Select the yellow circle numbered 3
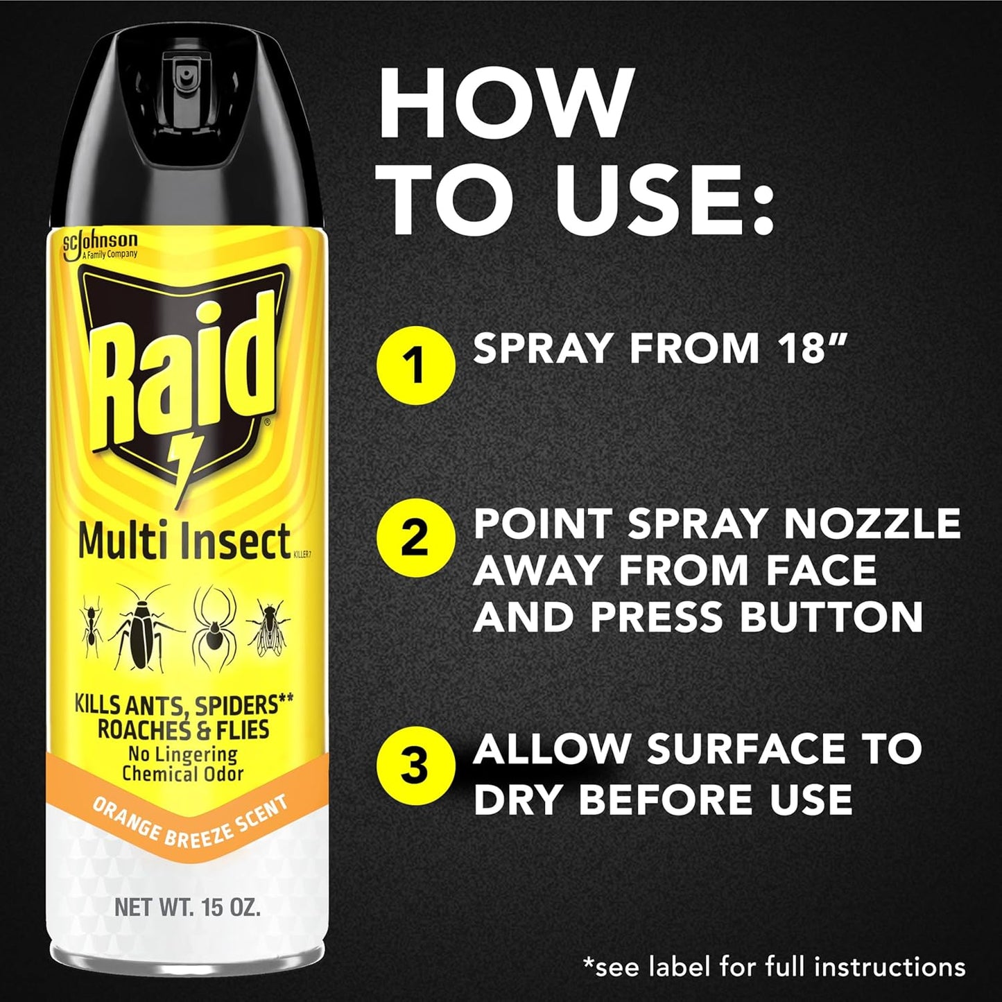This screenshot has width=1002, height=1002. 415,767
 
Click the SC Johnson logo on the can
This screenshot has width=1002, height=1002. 100,245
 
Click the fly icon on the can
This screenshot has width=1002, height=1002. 268,628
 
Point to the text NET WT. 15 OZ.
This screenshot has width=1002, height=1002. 187,907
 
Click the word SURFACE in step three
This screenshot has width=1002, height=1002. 745,749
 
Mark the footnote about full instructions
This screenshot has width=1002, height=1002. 774,967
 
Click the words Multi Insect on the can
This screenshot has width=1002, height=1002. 184,542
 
